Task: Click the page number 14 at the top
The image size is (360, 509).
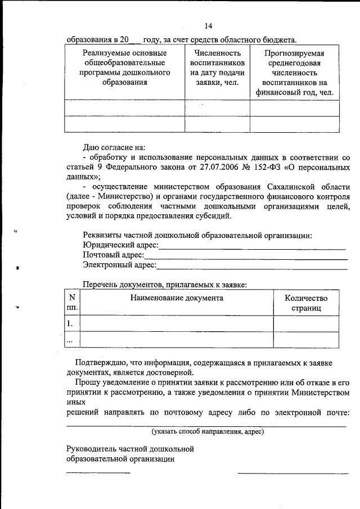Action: [x=208, y=26]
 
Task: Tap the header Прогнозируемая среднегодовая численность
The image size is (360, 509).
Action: [x=294, y=73]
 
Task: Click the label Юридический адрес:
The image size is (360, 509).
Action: [x=120, y=245]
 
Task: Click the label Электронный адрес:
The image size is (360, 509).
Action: [x=119, y=265]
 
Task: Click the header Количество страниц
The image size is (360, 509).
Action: [x=305, y=303]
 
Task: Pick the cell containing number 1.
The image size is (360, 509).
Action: [x=70, y=323]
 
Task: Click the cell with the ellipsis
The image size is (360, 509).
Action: [x=70, y=340]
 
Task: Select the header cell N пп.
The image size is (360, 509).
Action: [x=72, y=303]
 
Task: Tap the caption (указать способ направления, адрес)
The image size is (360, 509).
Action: [x=207, y=431]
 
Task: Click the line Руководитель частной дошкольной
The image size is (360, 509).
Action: [x=130, y=449]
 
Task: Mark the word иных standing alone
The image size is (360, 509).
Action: [x=76, y=402]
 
